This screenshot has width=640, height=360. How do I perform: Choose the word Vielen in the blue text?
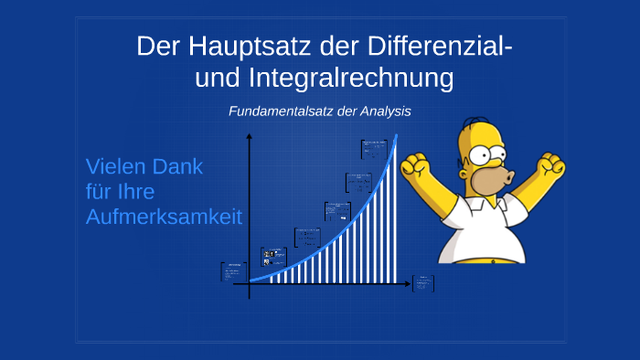point(116,167)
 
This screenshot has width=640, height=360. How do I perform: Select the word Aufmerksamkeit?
point(164,217)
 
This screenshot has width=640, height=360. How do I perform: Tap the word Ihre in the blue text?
point(134,193)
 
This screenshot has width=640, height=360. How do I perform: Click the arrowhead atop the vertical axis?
point(249,137)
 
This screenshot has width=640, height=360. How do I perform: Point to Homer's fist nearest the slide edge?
point(550,165)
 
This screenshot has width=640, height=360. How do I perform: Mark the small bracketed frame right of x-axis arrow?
point(423,283)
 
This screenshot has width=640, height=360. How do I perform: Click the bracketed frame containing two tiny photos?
point(273,257)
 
